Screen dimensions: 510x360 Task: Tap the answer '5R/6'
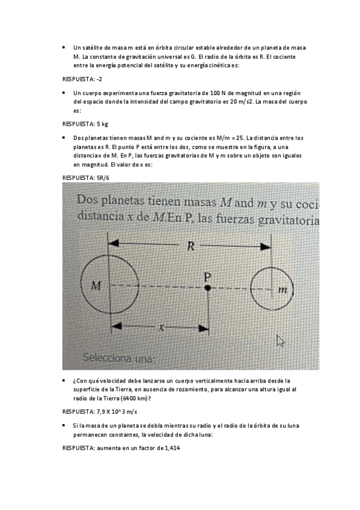point(103,177)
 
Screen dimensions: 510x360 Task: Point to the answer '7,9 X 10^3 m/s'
point(117,412)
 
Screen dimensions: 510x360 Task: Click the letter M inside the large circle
point(96,286)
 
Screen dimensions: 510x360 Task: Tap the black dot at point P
point(207,289)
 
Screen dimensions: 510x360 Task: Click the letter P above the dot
point(207,277)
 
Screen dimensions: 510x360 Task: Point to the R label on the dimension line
point(191,245)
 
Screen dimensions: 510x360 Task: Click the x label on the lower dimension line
point(160,328)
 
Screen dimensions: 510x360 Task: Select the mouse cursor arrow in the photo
point(279,340)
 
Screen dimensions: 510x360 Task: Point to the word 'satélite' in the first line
point(91,47)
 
